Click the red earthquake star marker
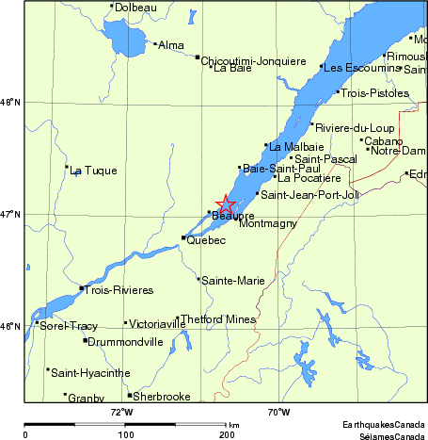tap(226, 204)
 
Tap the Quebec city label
tap(206, 241)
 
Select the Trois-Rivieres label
tap(111, 289)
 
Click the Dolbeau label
tap(135, 8)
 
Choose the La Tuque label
tap(93, 171)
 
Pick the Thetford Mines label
tap(218, 319)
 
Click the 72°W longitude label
tap(121, 412)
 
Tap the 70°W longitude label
tap(277, 412)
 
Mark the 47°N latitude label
tap(10, 214)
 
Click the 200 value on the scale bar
tap(226, 434)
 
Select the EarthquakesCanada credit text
tap(383, 425)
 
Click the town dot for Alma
tap(155, 42)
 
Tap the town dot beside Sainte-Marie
tap(198, 279)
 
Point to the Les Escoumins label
tap(359, 68)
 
